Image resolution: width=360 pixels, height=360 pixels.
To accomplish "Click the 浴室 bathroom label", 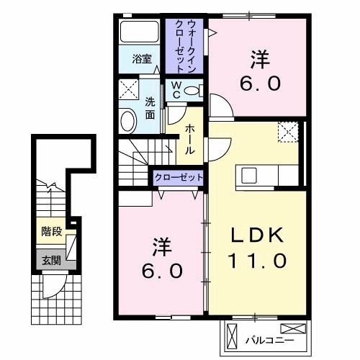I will click(x=141, y=60).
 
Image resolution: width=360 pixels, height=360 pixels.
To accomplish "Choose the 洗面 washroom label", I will click(x=150, y=107).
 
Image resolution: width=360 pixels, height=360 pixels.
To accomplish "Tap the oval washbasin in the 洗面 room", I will click(x=128, y=120).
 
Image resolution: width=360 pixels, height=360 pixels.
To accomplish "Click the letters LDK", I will click(x=258, y=236).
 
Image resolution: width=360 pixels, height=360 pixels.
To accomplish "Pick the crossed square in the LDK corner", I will click(x=287, y=131).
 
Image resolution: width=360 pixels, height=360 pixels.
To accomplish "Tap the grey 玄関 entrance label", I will click(x=50, y=261).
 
